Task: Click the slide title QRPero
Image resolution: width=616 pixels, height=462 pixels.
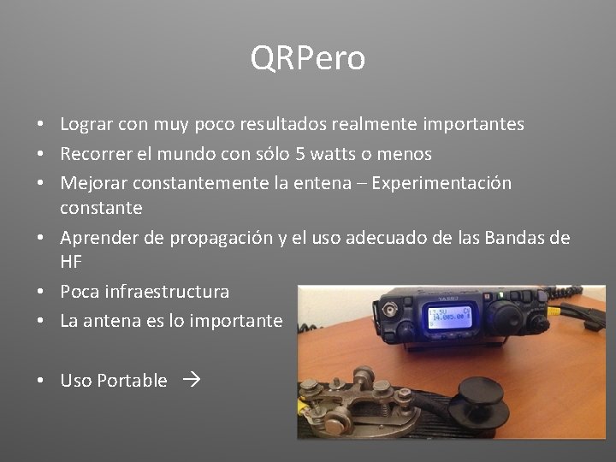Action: (307, 59)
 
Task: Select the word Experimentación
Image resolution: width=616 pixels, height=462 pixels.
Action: (442, 183)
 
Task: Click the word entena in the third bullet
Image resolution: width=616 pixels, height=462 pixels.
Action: (337, 183)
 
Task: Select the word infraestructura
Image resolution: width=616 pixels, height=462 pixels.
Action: (167, 292)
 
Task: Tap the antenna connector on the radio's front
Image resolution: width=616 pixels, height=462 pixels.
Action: (396, 307)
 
